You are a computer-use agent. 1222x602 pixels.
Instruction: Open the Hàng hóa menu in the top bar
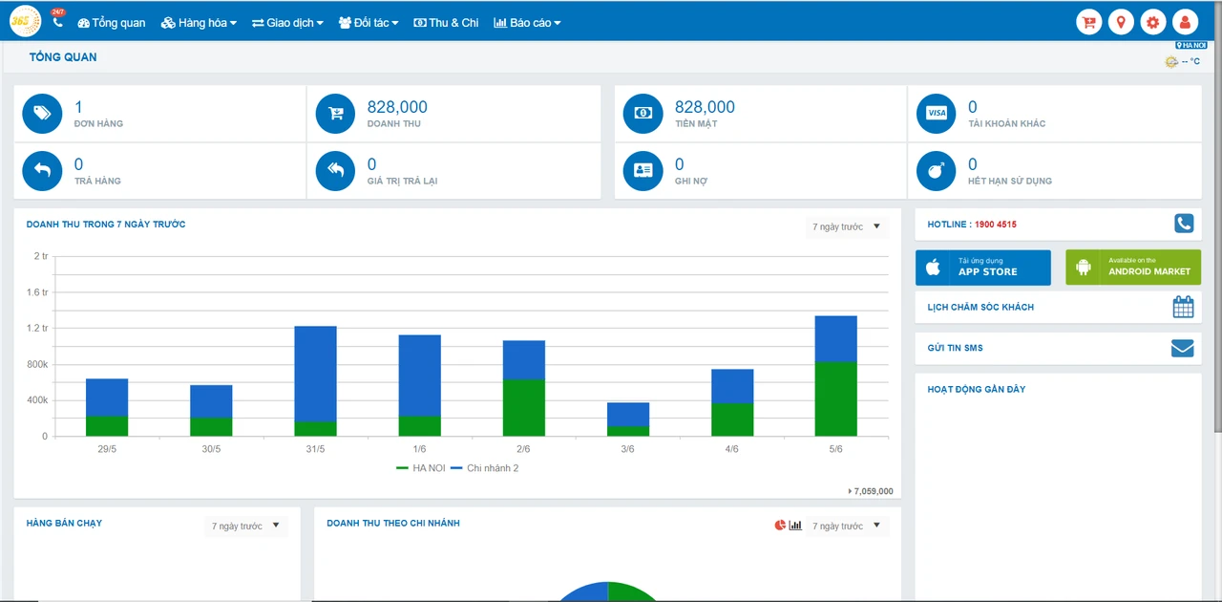coord(199,23)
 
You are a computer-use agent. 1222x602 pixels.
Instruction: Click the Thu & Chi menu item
coord(446,23)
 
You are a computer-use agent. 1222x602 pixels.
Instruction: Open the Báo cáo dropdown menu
coord(527,23)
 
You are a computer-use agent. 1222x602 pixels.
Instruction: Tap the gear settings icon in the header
coord(1152,22)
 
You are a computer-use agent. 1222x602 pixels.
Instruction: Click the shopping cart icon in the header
coord(1089,22)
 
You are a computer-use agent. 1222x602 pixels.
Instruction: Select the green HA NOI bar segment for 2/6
coord(524,407)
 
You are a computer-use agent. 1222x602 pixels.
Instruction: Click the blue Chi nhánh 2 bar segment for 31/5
coord(315,374)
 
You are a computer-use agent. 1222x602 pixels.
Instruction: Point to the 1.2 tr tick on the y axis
coord(37,328)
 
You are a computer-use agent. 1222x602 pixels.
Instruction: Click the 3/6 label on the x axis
coord(627,449)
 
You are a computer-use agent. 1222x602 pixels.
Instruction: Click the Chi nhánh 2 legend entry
coord(485,468)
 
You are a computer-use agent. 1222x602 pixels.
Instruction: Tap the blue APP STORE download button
coord(983,268)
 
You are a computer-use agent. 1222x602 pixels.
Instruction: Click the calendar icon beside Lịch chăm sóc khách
coord(1183,307)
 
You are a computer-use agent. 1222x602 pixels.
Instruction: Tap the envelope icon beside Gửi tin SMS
coord(1182,348)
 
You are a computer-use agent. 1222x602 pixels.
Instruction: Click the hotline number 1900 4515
coord(995,225)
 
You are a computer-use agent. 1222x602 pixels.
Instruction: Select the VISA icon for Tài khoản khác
coord(937,114)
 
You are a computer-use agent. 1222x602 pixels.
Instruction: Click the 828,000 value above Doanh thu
coord(397,107)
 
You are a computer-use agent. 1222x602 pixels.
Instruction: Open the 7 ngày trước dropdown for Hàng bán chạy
coord(245,527)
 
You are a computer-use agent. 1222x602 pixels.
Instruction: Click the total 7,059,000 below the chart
coord(872,491)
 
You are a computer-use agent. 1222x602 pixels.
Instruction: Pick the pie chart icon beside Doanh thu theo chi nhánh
coord(780,525)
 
